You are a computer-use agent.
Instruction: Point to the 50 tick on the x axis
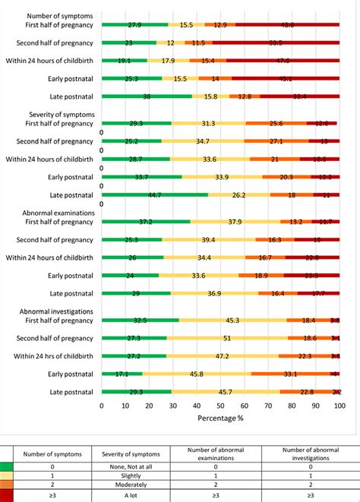pyautogui.click(x=221, y=406)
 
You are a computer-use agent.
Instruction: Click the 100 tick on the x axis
pyautogui.click(x=340, y=406)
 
